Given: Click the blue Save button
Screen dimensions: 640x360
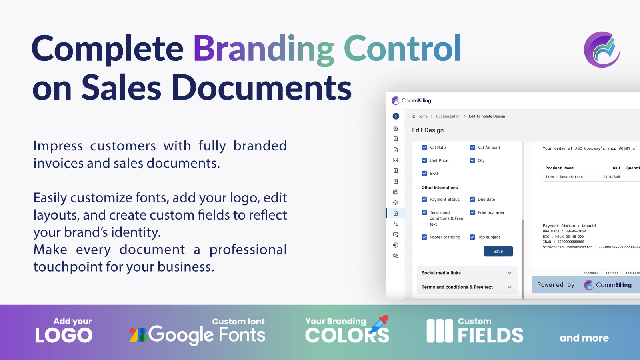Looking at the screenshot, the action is coord(498,251).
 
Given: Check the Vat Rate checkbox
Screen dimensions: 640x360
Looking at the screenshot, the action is coord(424,148).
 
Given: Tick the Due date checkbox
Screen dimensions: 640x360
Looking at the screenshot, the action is coord(472,200).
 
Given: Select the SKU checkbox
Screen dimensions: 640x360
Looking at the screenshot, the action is coord(424,174).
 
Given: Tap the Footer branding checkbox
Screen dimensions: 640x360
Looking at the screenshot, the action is coord(424,237).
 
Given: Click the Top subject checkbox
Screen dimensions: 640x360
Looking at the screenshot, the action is coord(472,237).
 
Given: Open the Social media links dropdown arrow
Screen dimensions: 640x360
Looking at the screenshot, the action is coord(510,273).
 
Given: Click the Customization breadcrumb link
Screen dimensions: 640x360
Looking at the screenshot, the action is coord(448,116).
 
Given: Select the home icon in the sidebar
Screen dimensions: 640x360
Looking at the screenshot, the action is coord(396,128).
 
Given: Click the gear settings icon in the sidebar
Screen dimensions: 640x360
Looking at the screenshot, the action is coord(396,202).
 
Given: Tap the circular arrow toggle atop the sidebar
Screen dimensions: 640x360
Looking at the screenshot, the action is coord(396,116).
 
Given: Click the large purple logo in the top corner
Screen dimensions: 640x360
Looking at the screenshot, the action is coord(602,50).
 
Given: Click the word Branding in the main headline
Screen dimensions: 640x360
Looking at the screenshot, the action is coord(264,48).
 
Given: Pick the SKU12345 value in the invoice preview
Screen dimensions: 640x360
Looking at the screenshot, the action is coord(612,177).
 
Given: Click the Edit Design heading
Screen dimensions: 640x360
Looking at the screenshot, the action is coord(428,130).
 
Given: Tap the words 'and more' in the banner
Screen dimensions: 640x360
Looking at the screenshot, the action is coord(584,338).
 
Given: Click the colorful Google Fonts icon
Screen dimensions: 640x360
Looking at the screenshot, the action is coord(138,335).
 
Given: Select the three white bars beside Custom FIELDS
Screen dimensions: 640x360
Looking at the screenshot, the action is coord(440,331).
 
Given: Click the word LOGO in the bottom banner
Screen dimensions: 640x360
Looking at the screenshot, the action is coord(64,335).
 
